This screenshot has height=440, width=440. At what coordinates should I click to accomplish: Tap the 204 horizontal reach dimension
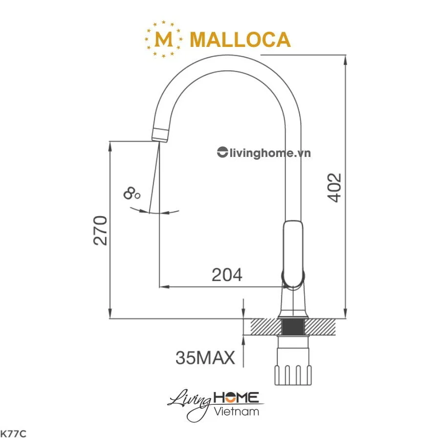227,275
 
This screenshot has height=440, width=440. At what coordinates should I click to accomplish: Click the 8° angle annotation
132,193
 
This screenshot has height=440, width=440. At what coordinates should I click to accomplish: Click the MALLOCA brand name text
240,39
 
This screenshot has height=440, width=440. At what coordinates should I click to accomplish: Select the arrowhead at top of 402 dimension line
346,60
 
